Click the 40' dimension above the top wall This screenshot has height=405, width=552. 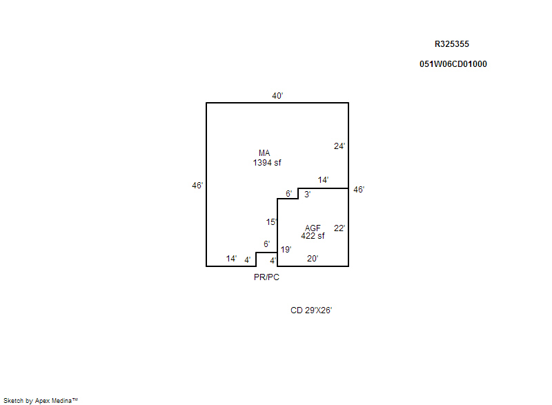point(277,96)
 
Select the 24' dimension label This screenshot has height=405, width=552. point(339,146)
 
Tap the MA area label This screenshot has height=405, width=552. point(264,153)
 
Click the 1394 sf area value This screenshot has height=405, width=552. point(267,163)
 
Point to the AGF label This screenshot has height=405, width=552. point(313,228)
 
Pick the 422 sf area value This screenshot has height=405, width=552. point(313,236)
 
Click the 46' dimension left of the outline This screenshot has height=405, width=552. point(197,186)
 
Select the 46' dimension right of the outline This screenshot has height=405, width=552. point(359,190)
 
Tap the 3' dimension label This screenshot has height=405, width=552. point(307,195)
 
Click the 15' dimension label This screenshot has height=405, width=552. point(271,222)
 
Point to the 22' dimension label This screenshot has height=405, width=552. point(339,228)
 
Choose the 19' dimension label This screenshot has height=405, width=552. point(286,250)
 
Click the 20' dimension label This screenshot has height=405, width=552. point(313,259)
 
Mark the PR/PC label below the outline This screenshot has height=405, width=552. point(266,277)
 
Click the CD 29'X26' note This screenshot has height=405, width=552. point(311,310)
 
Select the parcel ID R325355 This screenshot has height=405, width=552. point(452,44)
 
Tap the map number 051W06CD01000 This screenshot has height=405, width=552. point(453,64)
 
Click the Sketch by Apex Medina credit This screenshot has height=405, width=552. point(41,400)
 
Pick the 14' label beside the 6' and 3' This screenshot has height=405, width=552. point(323,180)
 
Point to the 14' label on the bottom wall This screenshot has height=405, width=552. point(231,259)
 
